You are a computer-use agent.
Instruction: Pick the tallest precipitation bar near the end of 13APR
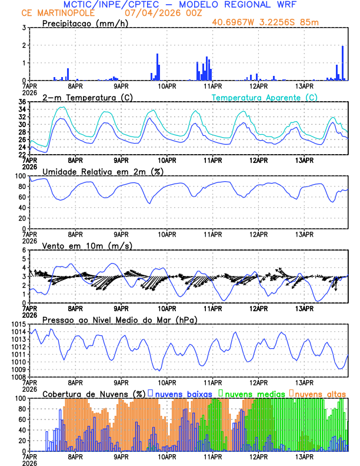(x=342, y=63)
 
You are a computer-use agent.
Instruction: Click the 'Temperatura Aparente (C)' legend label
(x=265, y=97)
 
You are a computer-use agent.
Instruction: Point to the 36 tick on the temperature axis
(x=21, y=102)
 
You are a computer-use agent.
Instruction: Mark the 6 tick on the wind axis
(x=24, y=251)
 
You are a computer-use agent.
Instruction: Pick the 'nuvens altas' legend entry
(x=320, y=393)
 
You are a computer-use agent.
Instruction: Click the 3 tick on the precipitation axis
(x=24, y=28)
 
